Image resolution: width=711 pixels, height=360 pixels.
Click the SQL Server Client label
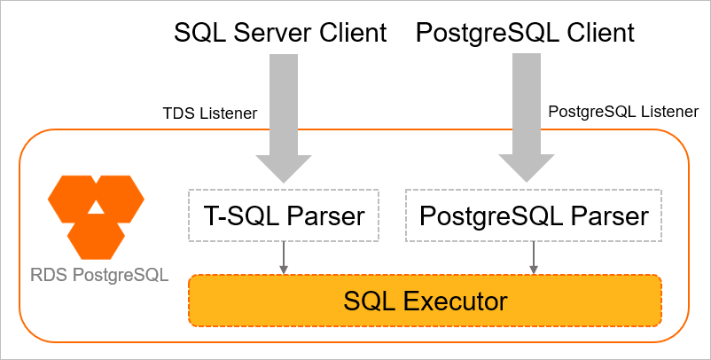tap(280, 34)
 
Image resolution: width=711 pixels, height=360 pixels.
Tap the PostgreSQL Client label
tap(526, 34)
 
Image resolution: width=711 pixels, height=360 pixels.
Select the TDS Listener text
tap(210, 113)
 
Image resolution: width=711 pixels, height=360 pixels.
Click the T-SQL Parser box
tap(284, 215)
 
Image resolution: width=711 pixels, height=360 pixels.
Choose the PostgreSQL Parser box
tap(534, 215)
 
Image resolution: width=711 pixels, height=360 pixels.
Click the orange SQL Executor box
tap(425, 301)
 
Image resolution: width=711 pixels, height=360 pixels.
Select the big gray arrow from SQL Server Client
tap(284, 115)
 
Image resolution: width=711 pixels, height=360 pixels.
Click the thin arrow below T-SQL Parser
tap(284, 257)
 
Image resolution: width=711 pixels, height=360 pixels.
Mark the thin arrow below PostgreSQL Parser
tap(534, 257)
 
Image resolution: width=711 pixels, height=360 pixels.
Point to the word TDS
tap(176, 113)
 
